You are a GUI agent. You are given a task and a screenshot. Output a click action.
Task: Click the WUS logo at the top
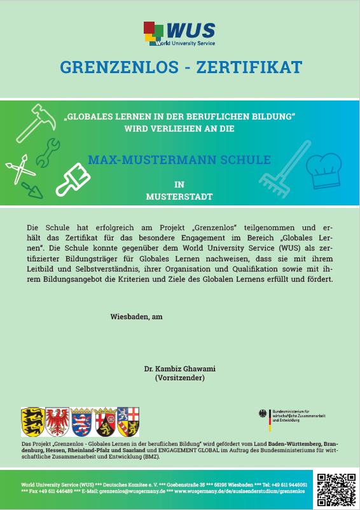click(x=179, y=32)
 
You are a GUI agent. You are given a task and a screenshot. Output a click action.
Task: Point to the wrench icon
click(x=47, y=151)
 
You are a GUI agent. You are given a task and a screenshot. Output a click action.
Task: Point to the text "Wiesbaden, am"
click(x=132, y=317)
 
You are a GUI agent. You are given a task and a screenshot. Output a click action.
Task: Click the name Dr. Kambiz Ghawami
click(x=179, y=368)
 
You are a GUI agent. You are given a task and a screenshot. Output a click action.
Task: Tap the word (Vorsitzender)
click(x=179, y=378)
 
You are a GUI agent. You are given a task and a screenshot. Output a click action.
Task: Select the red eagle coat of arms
click(x=58, y=421)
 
